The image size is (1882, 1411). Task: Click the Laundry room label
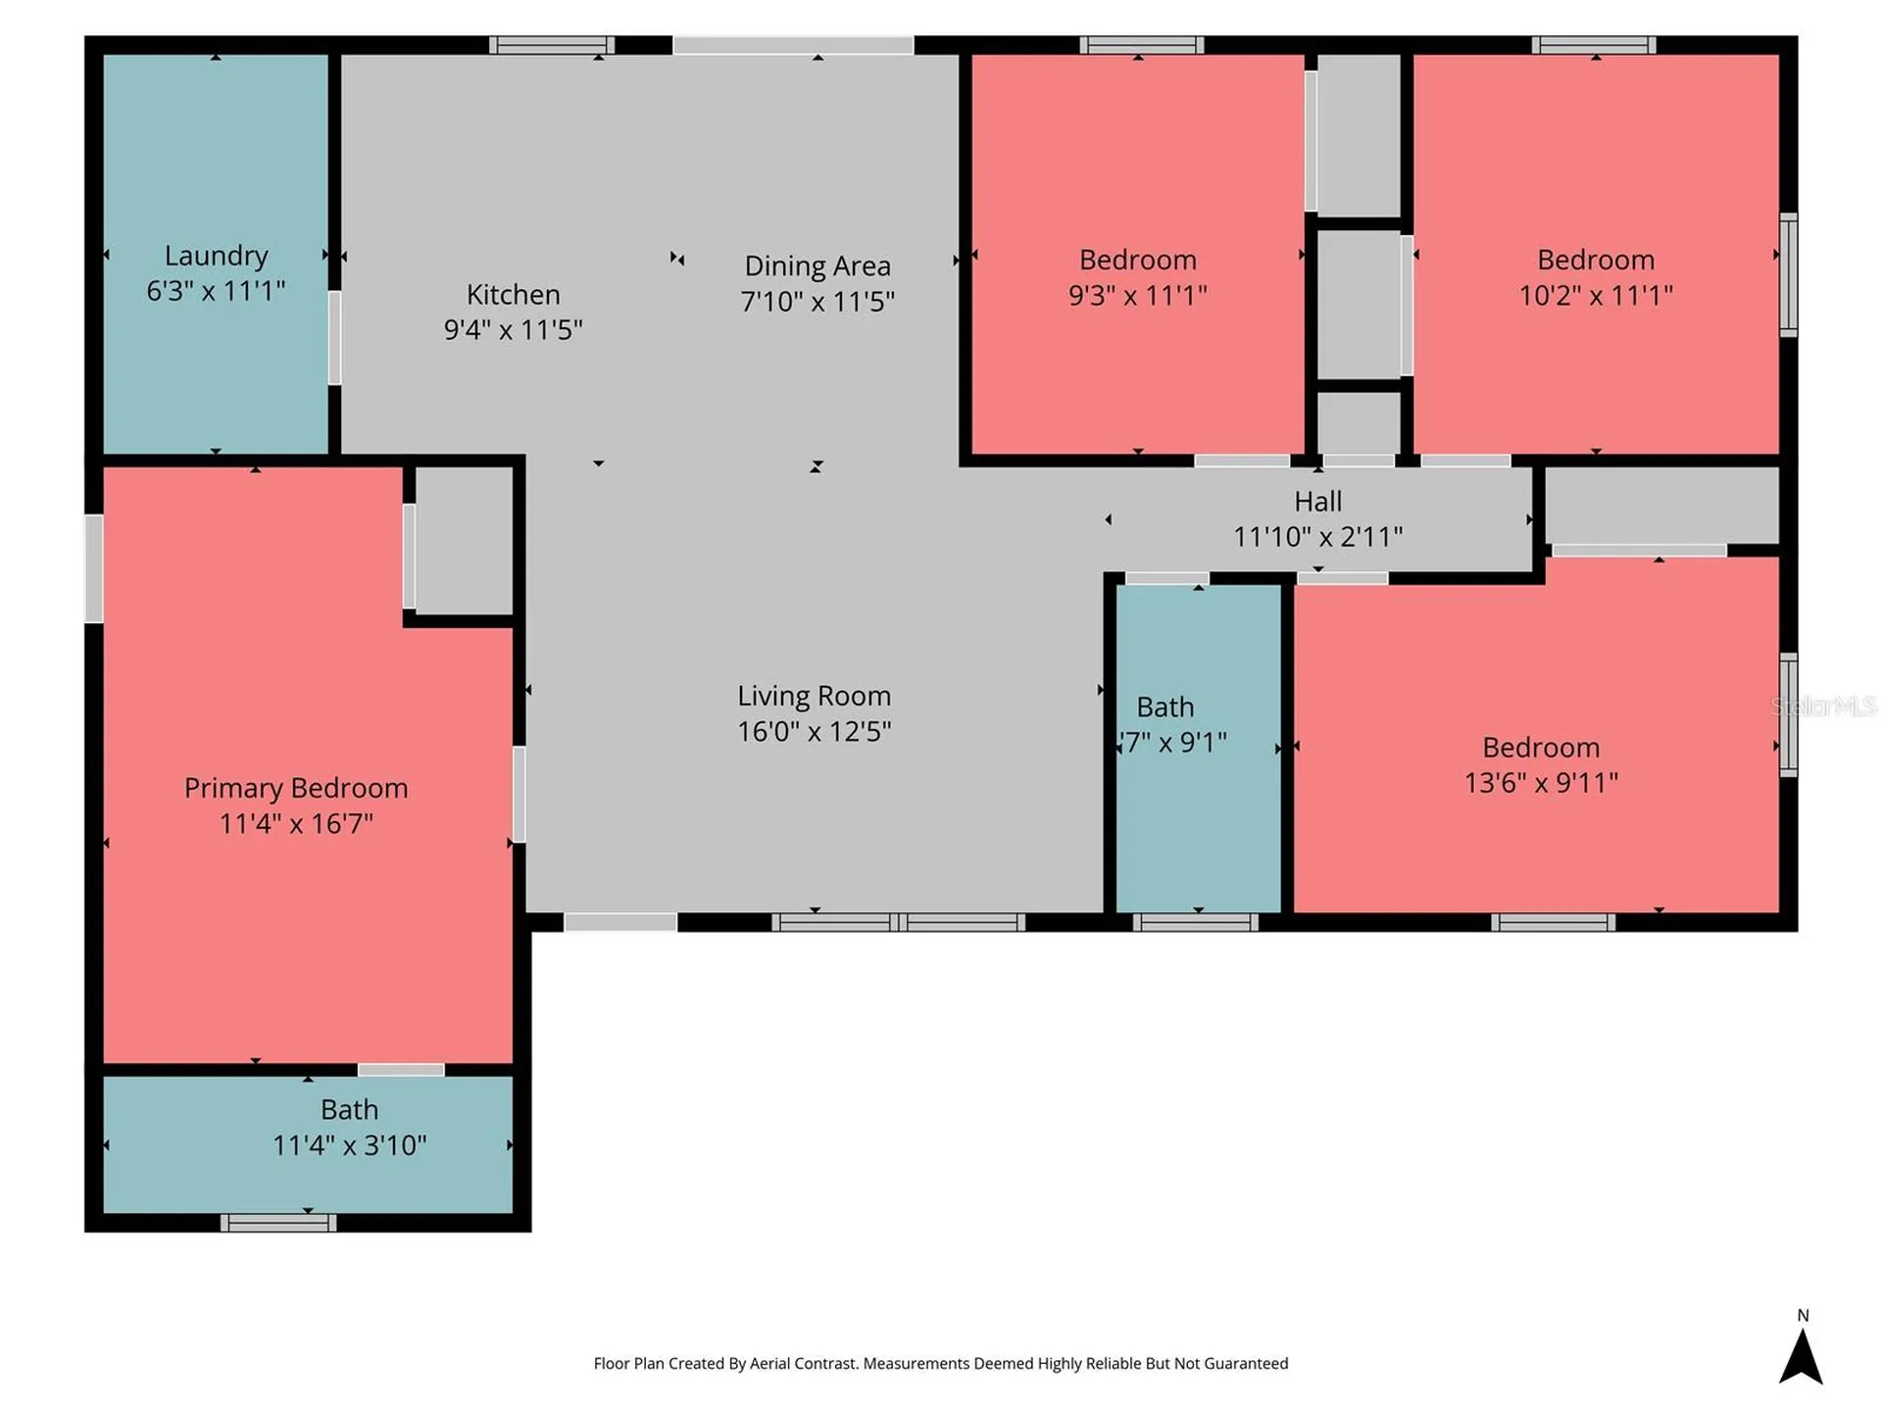[x=216, y=256]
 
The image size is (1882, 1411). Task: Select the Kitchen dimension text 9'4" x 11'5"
[x=513, y=329]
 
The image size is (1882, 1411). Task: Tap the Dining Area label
[x=817, y=266]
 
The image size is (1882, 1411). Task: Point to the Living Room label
[x=815, y=696]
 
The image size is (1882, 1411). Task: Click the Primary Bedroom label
[x=296, y=788]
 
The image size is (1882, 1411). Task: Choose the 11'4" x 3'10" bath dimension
[x=349, y=1144]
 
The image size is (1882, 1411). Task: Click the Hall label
[x=1317, y=502]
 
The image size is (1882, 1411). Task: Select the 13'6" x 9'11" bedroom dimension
[x=1541, y=782]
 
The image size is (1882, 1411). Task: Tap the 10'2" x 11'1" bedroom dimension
[x=1596, y=295]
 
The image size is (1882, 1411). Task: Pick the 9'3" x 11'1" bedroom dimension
[x=1138, y=295]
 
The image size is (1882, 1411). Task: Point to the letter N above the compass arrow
[x=1803, y=1315]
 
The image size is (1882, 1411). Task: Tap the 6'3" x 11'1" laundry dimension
[x=216, y=291]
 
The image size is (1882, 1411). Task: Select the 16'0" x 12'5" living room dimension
[x=815, y=731]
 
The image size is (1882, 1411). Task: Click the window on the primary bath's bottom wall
[x=278, y=1222]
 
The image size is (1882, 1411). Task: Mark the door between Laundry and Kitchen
[x=334, y=338]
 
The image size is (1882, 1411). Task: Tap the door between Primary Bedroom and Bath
[x=401, y=1070]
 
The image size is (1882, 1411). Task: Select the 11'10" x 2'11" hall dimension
[x=1317, y=537]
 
